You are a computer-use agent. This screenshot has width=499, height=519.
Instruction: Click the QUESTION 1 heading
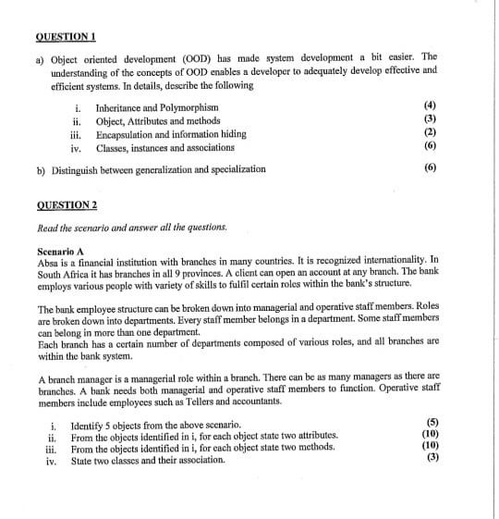tap(66, 37)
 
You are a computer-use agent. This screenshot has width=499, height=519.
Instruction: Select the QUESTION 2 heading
tap(66, 204)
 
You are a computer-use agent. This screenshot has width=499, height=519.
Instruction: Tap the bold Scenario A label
tap(60, 251)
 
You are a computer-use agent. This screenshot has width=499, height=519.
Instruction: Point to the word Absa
tap(47, 262)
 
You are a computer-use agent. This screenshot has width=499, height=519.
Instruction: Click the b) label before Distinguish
tap(42, 169)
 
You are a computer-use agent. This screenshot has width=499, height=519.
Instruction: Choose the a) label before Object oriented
tap(41, 56)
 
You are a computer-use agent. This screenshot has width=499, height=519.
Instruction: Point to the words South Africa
tap(64, 274)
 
